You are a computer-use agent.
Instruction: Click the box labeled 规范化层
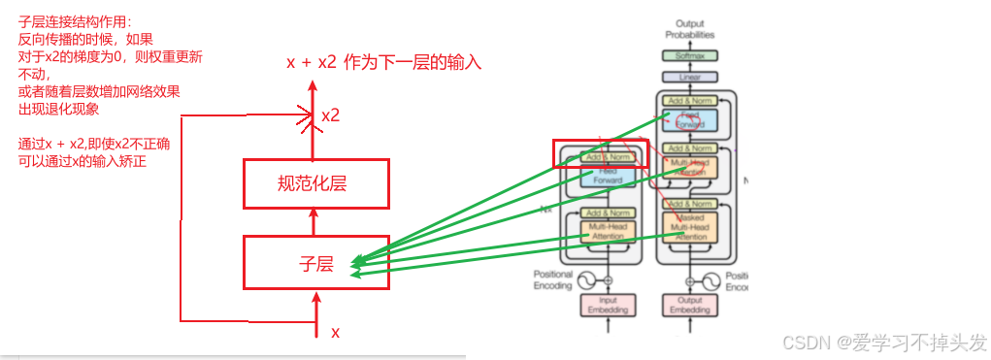pyautogui.click(x=315, y=183)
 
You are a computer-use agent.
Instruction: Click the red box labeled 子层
pyautogui.click(x=315, y=262)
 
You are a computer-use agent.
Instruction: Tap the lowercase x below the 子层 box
pyautogui.click(x=336, y=332)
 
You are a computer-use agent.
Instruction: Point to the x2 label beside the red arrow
pyautogui.click(x=330, y=115)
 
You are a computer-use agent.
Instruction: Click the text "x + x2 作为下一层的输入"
pyautogui.click(x=383, y=63)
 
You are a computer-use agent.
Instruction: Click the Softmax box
pyautogui.click(x=690, y=56)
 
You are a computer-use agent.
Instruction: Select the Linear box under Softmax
pyautogui.click(x=690, y=77)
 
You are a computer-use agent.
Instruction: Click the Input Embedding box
pyautogui.click(x=609, y=305)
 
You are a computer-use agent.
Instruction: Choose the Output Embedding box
pyautogui.click(x=690, y=305)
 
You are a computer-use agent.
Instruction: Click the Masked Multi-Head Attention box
pyautogui.click(x=691, y=226)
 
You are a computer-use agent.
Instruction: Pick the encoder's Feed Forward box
pyautogui.click(x=608, y=175)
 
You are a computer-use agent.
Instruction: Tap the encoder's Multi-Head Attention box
pyautogui.click(x=608, y=231)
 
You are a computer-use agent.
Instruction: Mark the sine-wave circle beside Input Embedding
pyautogui.click(x=586, y=281)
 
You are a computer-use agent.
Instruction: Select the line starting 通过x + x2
pyautogui.click(x=94, y=144)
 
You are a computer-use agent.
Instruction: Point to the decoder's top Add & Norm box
pyautogui.click(x=690, y=100)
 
